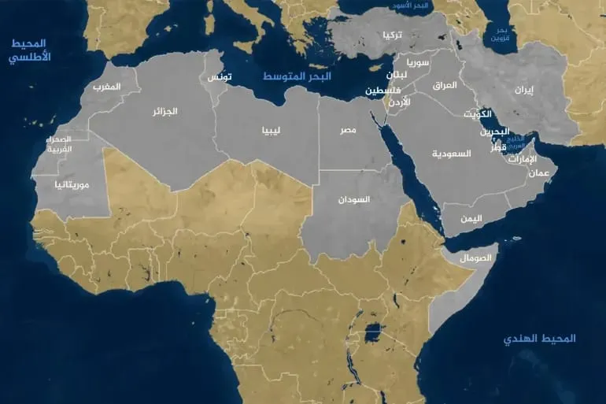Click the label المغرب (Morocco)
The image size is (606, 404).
(106, 86)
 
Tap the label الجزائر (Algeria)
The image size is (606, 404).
(164, 112)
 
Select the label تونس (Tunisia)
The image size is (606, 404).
(220, 77)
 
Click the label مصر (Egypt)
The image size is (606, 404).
(348, 128)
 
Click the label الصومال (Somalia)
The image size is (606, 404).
(477, 258)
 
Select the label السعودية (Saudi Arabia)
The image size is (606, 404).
(452, 154)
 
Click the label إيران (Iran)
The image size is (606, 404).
(523, 90)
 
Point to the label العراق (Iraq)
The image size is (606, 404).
(445, 84)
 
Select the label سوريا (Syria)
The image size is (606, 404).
(418, 61)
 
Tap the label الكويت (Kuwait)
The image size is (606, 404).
(478, 114)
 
